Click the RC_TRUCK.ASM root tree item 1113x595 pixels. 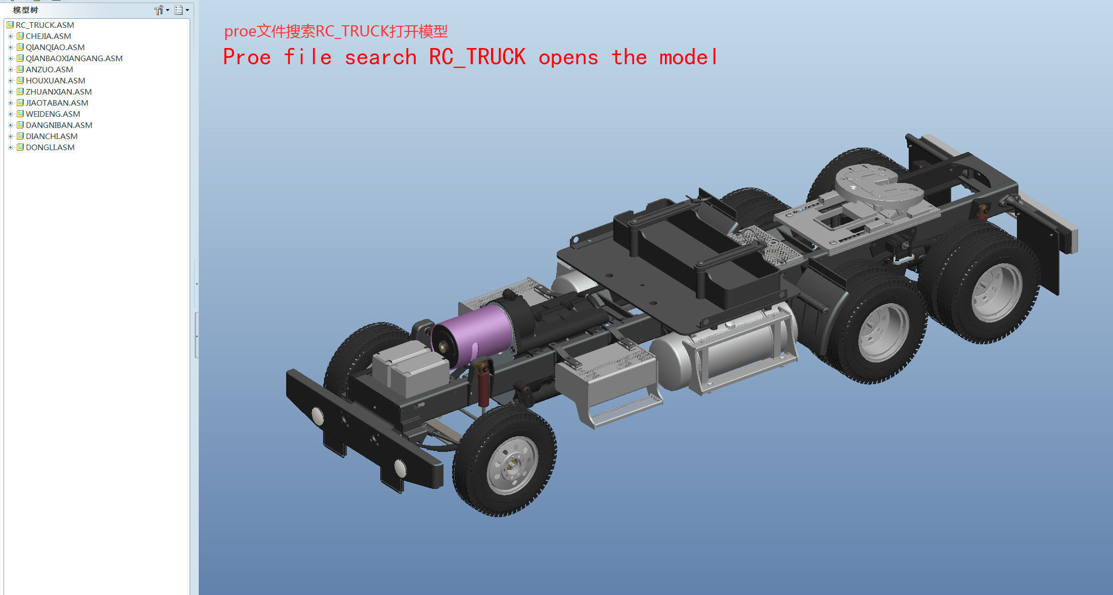tap(44, 25)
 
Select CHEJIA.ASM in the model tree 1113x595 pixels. tap(48, 36)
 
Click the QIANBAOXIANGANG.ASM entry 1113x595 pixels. tap(74, 58)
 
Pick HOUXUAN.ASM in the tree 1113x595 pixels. tap(55, 80)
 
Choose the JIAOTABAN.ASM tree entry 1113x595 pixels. tap(57, 103)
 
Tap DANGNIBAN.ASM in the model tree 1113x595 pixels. tap(59, 125)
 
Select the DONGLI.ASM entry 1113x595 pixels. tap(50, 147)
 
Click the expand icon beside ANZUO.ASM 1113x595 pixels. tap(10, 69)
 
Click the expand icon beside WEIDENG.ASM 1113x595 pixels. tap(10, 114)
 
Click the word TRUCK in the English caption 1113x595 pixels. tap(496, 57)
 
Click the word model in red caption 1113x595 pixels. tap(688, 57)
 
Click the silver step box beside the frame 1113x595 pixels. tap(607, 379)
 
